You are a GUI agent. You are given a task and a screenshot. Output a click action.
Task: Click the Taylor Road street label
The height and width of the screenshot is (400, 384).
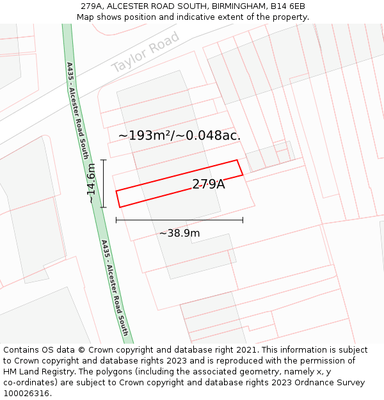coord(145,53)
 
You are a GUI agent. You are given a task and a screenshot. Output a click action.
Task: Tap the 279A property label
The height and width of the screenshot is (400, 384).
coord(209,184)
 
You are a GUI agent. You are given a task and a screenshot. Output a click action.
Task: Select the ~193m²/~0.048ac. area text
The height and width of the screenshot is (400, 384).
coord(180,136)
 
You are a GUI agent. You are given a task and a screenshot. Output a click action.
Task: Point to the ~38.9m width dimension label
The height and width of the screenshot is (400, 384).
coord(179,233)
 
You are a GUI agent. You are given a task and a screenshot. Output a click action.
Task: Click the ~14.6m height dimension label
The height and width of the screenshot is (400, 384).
coord(91,184)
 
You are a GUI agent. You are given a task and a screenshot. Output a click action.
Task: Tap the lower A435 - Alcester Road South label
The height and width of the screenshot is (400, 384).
coord(115,288)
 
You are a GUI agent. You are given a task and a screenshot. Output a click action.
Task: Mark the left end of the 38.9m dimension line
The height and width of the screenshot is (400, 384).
coord(116,220)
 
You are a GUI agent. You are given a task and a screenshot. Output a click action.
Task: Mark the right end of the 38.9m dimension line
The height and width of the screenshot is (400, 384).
coord(243,220)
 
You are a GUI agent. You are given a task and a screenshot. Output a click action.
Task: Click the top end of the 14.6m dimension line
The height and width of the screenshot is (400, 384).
coord(104,160)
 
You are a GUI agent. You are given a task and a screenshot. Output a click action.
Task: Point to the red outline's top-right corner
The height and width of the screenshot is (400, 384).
coord(237,160)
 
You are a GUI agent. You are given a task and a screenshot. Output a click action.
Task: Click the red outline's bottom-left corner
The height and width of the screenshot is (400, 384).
coord(120,207)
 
